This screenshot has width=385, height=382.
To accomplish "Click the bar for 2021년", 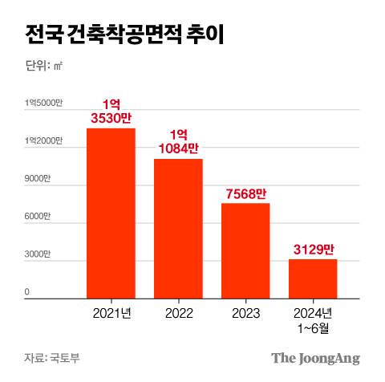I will (111, 213).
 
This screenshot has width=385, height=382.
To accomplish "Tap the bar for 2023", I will (245, 250).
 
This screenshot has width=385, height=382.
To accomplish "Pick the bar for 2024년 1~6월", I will (313, 278).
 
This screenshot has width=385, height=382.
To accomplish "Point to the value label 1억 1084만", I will (178, 142).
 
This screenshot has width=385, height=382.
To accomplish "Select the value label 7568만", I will (245, 193).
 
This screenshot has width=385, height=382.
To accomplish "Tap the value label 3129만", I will (313, 249).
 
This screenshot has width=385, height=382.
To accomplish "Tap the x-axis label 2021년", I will (111, 311).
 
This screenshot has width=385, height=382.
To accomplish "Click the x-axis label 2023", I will (245, 311).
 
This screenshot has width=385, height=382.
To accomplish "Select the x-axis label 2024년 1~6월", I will (313, 318).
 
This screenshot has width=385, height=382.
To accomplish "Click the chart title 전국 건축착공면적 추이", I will (125, 35).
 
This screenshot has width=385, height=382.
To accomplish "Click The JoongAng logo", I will (314, 358).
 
